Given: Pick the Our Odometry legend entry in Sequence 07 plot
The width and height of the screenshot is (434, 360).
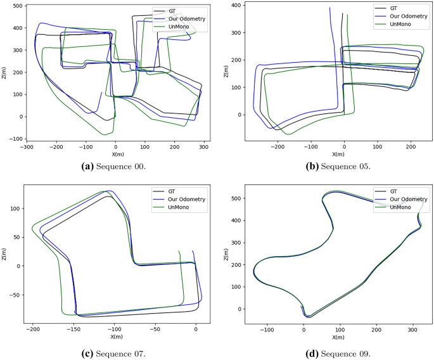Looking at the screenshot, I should tap(184, 198).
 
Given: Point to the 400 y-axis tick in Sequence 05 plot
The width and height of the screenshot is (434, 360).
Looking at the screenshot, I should tap(236, 5).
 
